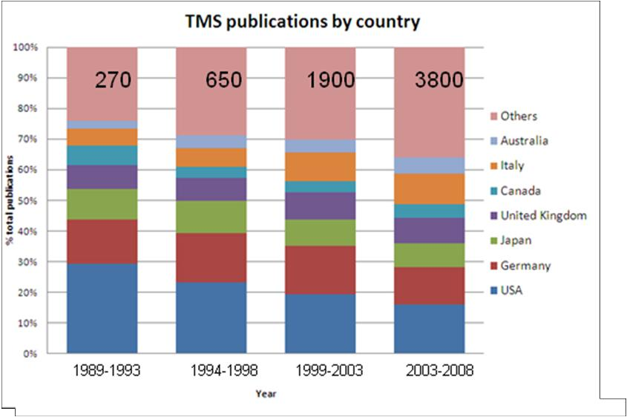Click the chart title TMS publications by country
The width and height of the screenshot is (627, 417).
coord(302,22)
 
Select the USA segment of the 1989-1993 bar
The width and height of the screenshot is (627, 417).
coord(102,308)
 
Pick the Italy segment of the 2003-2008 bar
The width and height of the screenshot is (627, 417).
coord(429,188)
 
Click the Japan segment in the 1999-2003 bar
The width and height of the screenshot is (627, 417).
coord(320,233)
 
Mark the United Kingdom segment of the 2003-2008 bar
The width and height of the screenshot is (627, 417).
coord(429,230)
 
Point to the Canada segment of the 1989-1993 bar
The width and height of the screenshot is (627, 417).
coord(102,155)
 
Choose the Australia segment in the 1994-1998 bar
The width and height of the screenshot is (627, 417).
coord(211,142)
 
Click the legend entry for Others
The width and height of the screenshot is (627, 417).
coord(519,116)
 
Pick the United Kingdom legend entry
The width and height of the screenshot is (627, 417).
coord(543,215)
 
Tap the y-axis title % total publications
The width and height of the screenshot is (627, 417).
coord(10,200)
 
